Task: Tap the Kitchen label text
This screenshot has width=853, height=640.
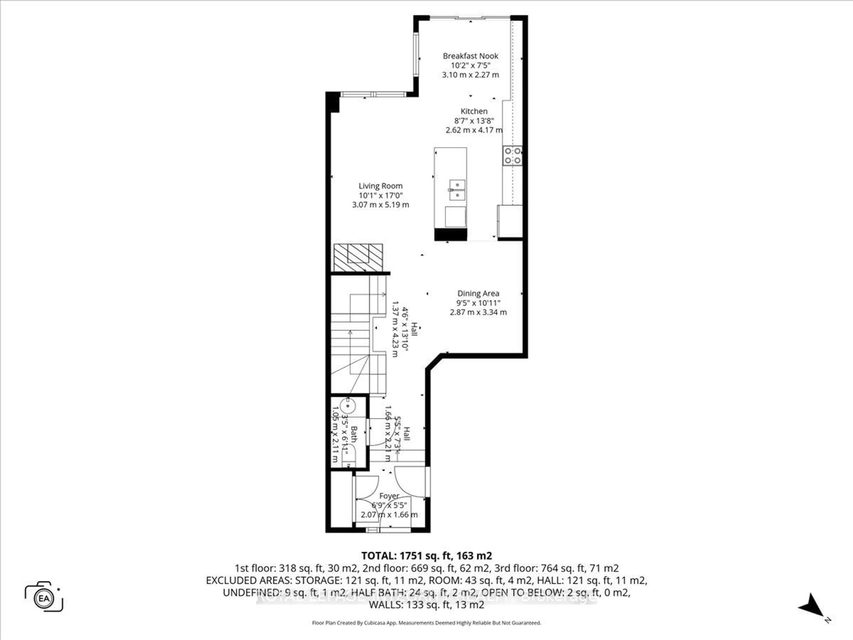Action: coord(474,111)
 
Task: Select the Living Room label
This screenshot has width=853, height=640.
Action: coord(380,186)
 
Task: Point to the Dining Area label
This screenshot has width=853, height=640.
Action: coord(478,294)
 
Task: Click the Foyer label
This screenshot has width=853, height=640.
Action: coord(389,496)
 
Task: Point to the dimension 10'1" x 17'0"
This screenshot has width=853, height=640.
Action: coord(380,196)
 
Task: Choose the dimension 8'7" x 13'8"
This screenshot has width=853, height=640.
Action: coord(474,121)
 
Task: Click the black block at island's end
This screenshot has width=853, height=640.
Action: coord(450,234)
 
